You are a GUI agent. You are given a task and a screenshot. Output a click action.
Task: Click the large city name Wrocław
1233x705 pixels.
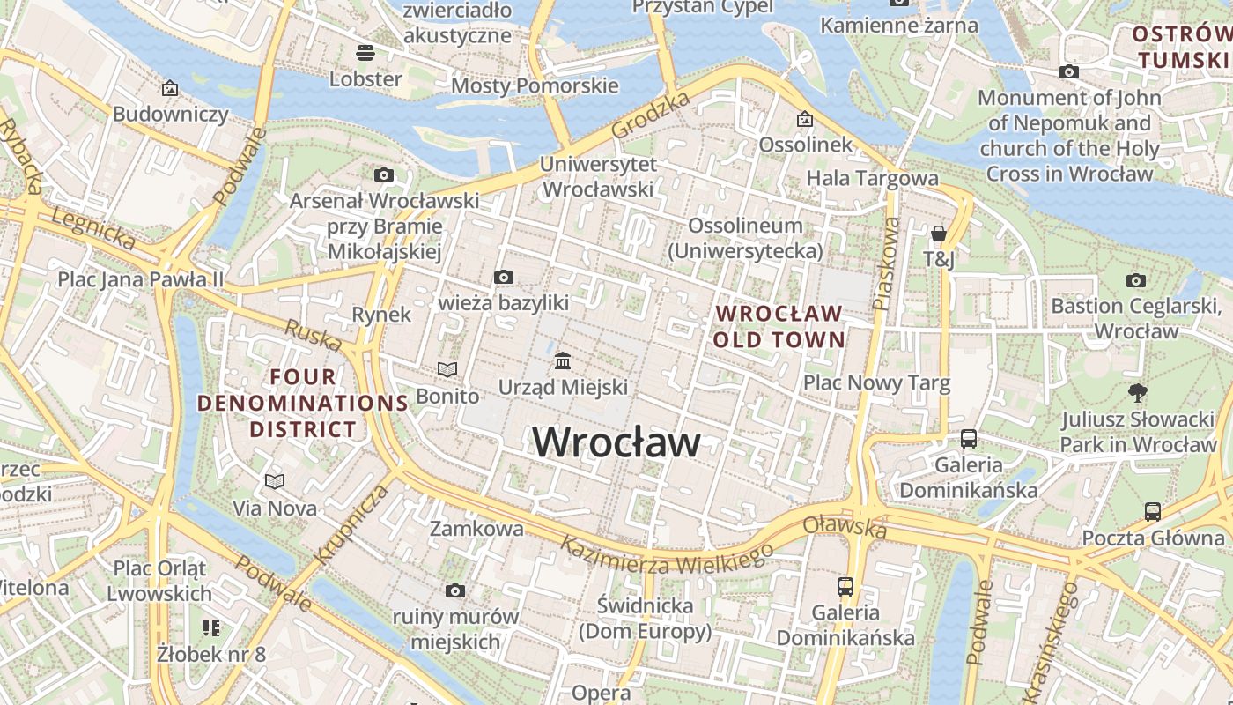pos(616,442)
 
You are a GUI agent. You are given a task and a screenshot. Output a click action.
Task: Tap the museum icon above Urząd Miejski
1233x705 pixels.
pos(563,361)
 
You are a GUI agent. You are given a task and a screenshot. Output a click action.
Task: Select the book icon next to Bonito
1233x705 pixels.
pos(447,370)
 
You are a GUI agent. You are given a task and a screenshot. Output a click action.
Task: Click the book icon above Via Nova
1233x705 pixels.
pos(275,481)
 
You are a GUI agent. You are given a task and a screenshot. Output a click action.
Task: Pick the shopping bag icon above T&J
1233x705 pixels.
pos(939,234)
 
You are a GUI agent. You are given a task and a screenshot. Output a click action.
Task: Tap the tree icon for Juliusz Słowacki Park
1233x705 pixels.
pos(1137,392)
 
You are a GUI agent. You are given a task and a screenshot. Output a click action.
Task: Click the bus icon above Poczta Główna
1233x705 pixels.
pos(1152,511)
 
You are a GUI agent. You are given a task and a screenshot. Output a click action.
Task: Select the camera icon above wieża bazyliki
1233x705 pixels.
pos(503,278)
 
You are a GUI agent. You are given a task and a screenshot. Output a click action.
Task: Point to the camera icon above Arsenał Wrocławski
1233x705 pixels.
pos(383,175)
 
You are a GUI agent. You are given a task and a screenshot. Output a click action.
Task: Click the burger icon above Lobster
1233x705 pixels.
pos(365,53)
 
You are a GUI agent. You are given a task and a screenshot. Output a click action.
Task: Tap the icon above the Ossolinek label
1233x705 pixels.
pos(805,119)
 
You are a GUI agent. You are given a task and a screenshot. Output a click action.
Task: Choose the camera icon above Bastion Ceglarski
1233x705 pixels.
pos(1136,280)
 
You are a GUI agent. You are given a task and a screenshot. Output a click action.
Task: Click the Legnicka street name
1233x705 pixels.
pos(93,228)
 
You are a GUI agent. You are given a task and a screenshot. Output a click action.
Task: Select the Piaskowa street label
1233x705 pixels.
pos(886,263)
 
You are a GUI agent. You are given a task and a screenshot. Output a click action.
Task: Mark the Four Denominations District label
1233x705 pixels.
pos(303,404)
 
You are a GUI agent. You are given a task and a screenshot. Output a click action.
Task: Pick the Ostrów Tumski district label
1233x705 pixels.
pos(1180,47)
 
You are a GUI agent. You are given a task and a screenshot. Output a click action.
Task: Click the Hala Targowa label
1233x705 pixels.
pos(872,178)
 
